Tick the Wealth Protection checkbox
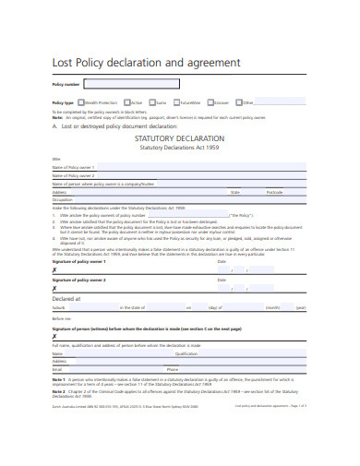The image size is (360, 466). tap(80, 102)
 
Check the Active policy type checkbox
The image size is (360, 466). tap(127, 102)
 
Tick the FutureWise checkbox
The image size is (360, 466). tap(178, 102)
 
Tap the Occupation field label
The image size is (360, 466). tap(63, 199)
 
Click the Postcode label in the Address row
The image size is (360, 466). tap(275, 192)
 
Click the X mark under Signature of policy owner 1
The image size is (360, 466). tap(55, 269)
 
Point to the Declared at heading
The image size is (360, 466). tap(66, 299)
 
